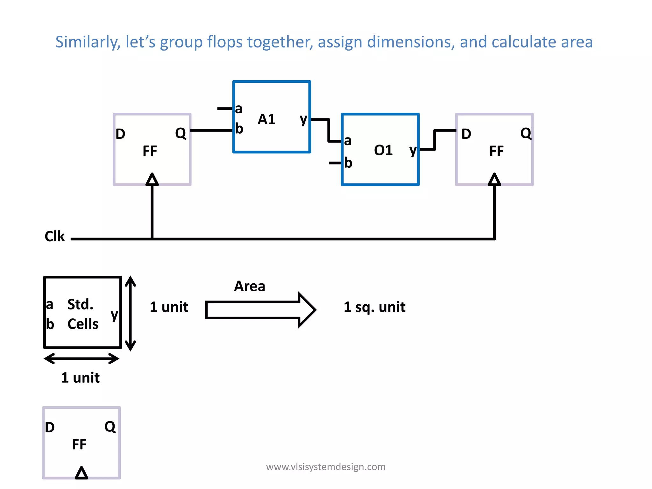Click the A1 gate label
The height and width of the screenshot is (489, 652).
266,119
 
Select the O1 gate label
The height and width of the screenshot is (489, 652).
383,150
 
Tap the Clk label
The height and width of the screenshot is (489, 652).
54,237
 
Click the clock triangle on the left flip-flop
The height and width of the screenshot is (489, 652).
152,180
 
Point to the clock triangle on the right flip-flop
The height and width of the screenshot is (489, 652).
494,180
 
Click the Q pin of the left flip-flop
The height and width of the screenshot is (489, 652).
181,133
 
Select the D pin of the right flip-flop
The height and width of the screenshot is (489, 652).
466,134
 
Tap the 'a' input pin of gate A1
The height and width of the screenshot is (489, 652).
238,109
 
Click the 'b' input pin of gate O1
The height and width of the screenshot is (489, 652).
348,163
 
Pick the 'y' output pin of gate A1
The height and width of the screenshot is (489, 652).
303,120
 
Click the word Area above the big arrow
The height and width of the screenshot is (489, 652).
250,286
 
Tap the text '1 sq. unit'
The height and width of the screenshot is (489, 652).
374,307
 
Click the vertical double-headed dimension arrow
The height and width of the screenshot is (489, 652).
131,314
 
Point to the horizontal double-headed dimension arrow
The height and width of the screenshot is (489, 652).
81,358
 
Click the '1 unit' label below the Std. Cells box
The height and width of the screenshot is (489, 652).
80,378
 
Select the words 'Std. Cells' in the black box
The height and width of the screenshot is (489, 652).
83,314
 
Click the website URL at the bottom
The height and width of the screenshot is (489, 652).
326,467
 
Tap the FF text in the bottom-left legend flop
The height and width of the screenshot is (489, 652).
79,444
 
